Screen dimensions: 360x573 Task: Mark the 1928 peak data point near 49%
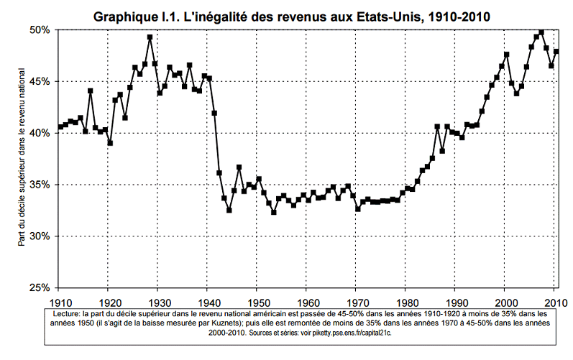(x=150, y=37)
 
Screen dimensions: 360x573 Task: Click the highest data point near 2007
(x=541, y=32)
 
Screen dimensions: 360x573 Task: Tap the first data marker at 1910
(x=60, y=127)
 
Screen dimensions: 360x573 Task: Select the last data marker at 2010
(x=556, y=52)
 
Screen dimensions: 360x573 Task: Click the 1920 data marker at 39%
(x=110, y=143)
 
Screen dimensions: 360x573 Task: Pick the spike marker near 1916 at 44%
(x=91, y=91)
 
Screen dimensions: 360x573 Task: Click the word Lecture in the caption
(x=69, y=314)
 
